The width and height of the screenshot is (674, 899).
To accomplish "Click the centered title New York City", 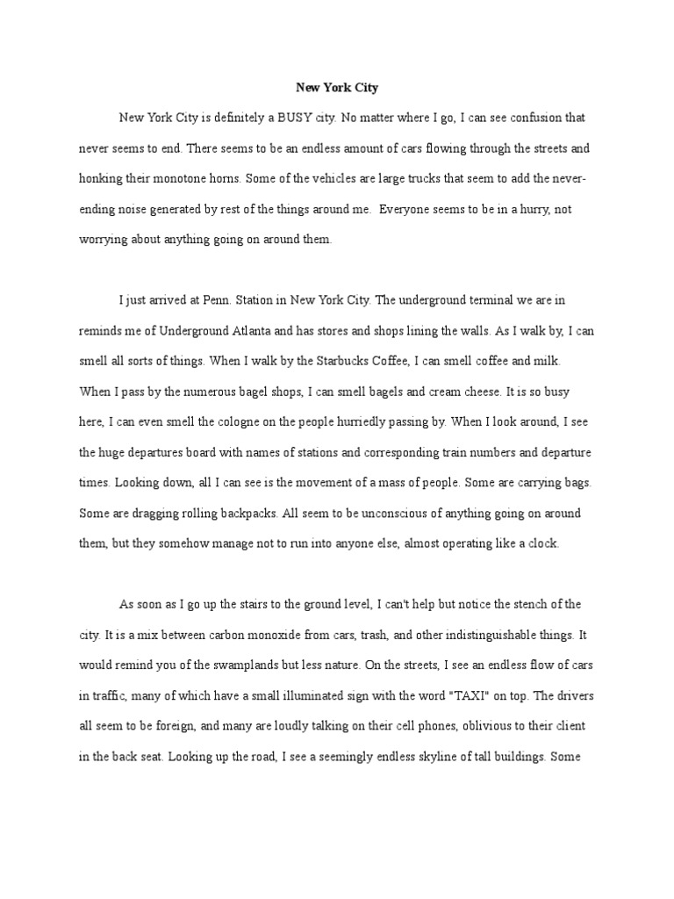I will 336,89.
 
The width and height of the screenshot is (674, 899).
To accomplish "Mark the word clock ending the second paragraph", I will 542,543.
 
